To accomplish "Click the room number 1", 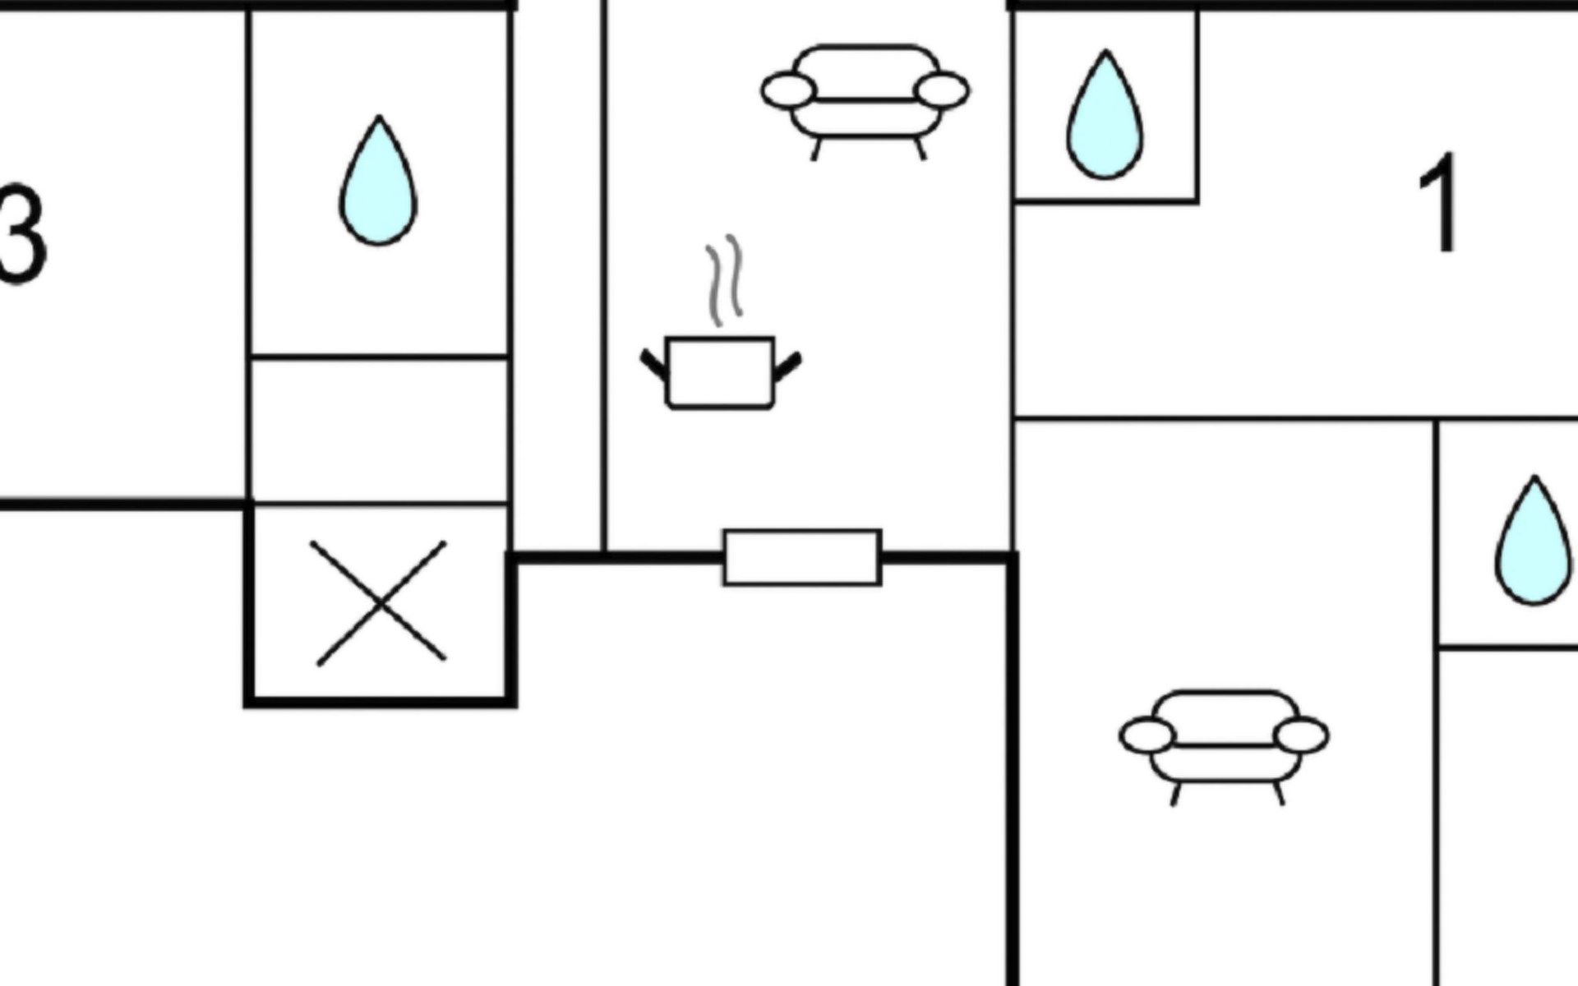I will click(1440, 204).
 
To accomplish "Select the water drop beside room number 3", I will click(378, 182).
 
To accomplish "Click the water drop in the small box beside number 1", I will click(1105, 117).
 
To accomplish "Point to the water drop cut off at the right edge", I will click(1534, 542).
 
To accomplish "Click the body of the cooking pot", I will click(721, 372).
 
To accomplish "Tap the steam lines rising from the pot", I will click(724, 279).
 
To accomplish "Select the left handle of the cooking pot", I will click(654, 365).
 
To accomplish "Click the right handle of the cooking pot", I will click(787, 366).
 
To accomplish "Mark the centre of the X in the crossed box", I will click(380, 604).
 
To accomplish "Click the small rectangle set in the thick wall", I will click(802, 558).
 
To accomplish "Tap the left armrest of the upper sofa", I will click(788, 90).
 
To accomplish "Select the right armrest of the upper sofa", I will click(942, 90).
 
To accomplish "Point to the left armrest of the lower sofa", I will click(1147, 735).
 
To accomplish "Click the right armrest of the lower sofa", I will click(1301, 735).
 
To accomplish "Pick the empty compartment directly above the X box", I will click(379, 430).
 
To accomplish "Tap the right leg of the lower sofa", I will click(1279, 794).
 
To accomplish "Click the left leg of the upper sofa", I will click(816, 150).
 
